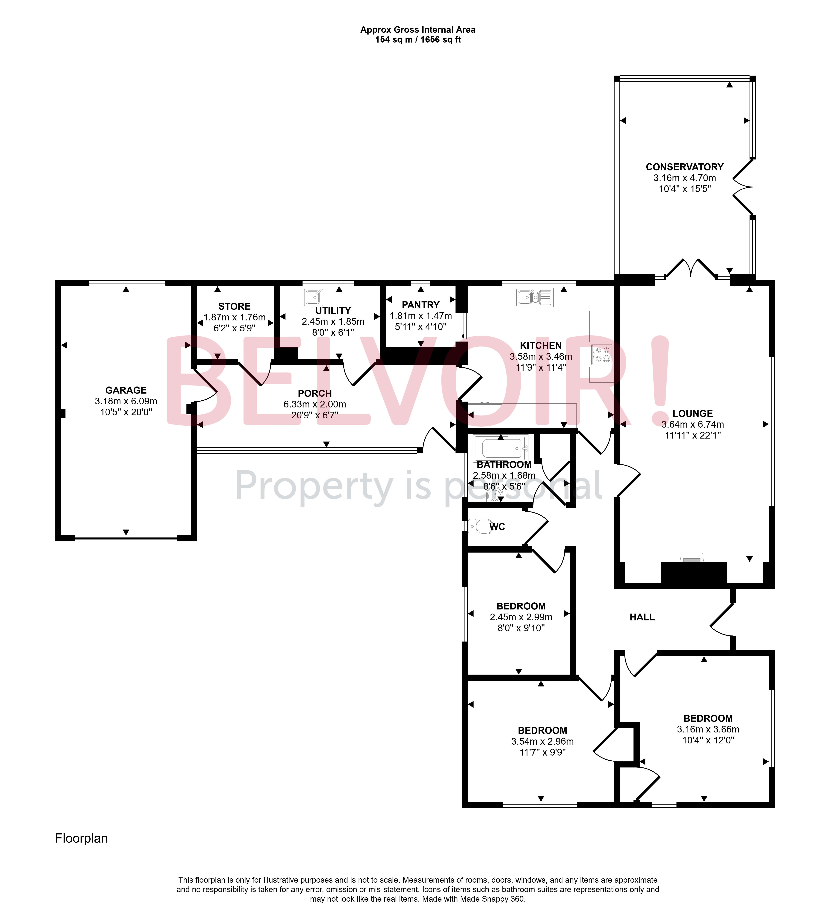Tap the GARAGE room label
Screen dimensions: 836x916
click(x=126, y=390)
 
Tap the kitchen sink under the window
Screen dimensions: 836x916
click(x=534, y=298)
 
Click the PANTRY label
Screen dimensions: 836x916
click(x=421, y=305)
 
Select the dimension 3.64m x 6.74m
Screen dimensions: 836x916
click(x=692, y=424)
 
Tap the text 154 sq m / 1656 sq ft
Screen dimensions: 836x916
click(x=418, y=40)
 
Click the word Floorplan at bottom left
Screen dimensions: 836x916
click(x=81, y=838)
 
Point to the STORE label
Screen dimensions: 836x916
click(x=234, y=306)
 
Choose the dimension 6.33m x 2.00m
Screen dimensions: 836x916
click(x=315, y=404)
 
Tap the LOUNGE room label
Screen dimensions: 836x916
click(x=692, y=414)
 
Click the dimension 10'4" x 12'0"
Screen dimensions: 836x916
click(x=708, y=740)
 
